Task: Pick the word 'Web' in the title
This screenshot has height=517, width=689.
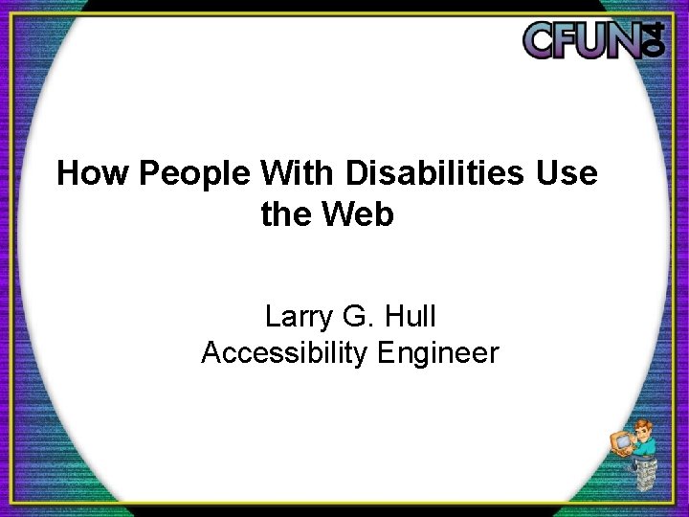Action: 360,215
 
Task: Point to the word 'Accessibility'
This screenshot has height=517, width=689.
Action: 285,353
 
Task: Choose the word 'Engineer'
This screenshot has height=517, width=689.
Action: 438,353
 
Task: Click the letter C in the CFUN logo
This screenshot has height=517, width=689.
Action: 543,40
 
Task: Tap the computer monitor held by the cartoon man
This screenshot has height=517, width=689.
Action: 619,443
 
